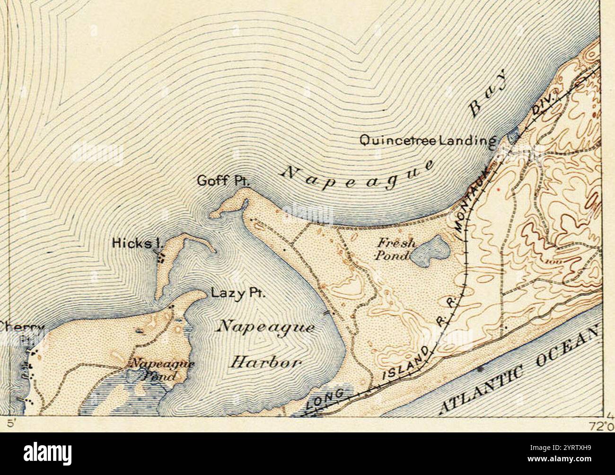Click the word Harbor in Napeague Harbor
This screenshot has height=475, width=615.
pos(266,363)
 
